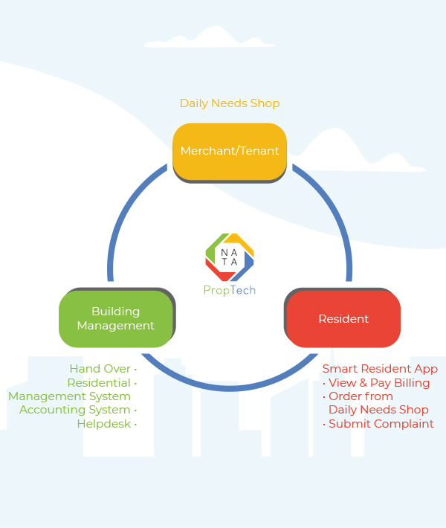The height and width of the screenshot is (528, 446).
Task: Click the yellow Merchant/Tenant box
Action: point(230,151)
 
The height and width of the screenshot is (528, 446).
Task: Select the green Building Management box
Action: point(116,318)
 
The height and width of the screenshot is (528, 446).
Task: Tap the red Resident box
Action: point(343,318)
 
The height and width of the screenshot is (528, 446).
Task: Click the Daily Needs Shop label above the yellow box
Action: point(230,103)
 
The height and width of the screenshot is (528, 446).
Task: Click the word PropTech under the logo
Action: point(230,290)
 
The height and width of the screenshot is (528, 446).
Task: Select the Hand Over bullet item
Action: point(100,369)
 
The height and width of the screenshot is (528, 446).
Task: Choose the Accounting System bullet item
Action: point(75,410)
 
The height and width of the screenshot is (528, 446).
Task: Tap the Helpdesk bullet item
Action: point(104,424)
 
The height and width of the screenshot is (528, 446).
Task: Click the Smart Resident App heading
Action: point(380,369)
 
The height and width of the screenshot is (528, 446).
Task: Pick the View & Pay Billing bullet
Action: point(379,383)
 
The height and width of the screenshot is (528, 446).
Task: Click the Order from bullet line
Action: point(361,396)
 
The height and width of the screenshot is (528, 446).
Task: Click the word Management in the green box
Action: point(116,326)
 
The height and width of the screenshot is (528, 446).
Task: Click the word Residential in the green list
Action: point(99,383)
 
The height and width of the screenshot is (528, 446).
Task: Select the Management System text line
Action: point(69,396)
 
